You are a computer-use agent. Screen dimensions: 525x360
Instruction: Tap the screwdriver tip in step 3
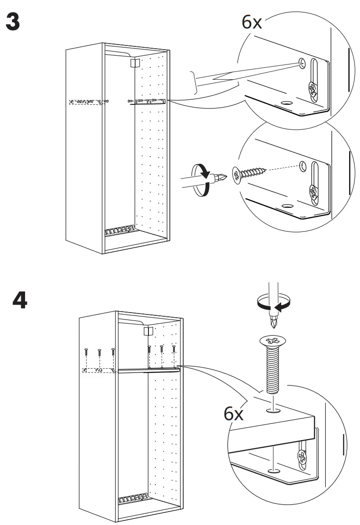222,178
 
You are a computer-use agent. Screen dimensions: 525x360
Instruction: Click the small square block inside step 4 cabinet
148,331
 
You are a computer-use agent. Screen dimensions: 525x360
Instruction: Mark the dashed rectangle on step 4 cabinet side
99,370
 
